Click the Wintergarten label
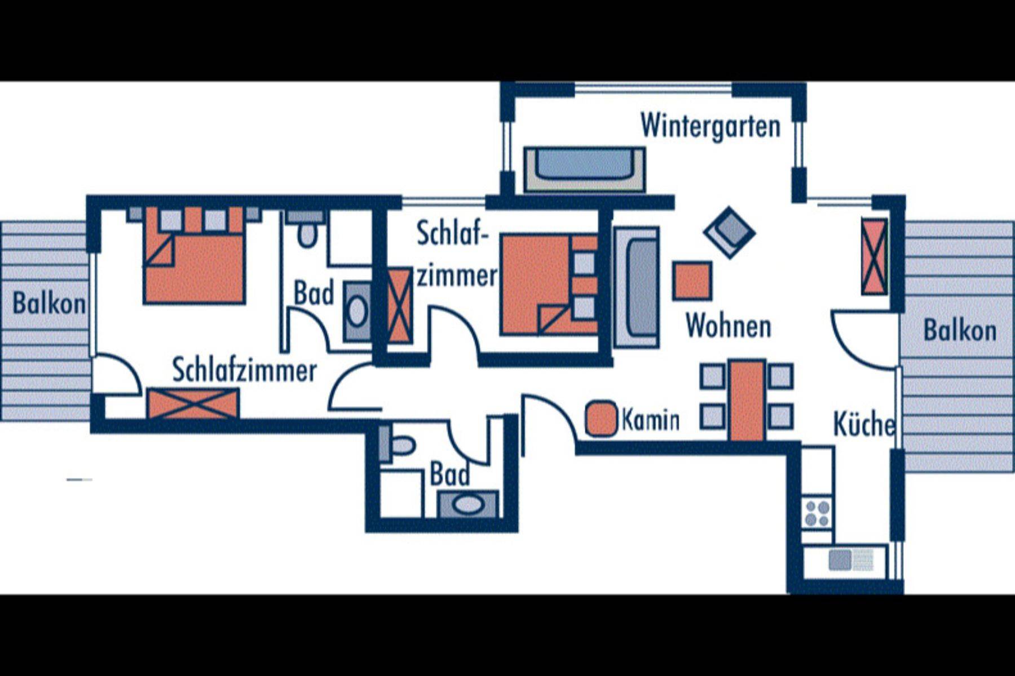pos(710,126)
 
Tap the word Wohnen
pos(728,326)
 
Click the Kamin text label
pos(650,420)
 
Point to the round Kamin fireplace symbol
pos(601,419)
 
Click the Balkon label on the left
pos(49,304)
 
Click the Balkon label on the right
pos(960,331)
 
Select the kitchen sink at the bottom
pos(850,560)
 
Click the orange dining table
pos(747,399)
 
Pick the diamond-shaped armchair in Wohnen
pos(729,232)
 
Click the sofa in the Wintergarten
pos(584,169)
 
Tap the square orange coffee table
pos(692,281)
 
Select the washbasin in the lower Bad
pos(467,504)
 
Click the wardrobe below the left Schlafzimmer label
pos(193,403)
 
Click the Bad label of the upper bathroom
pos(314,293)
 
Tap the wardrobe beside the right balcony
pos(874,256)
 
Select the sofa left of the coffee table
pos(637,287)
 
